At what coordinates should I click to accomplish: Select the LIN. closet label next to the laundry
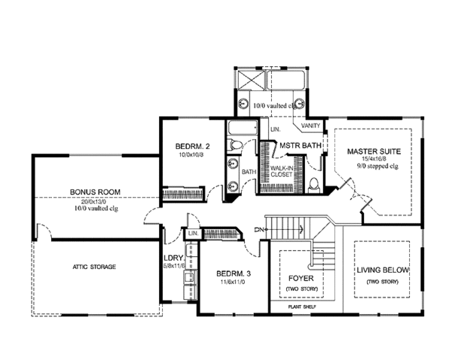192,234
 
